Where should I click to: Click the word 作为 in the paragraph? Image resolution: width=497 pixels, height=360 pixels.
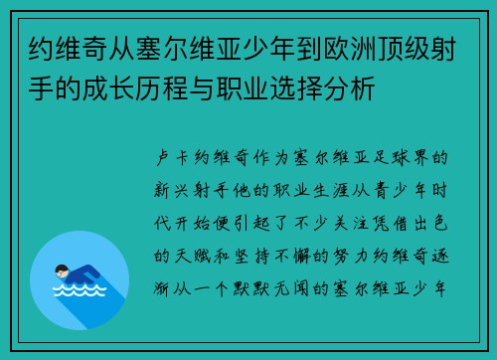[290, 157]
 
